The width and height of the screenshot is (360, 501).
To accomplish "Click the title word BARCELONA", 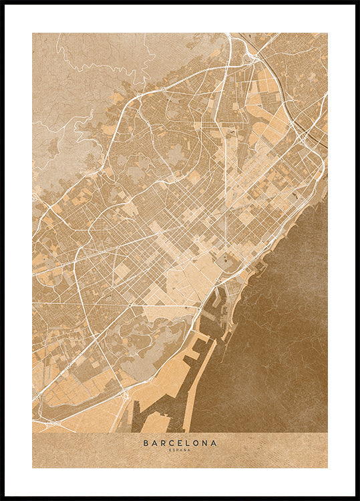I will click(x=180, y=442).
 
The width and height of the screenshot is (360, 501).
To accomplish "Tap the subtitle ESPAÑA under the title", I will click(x=180, y=450).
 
